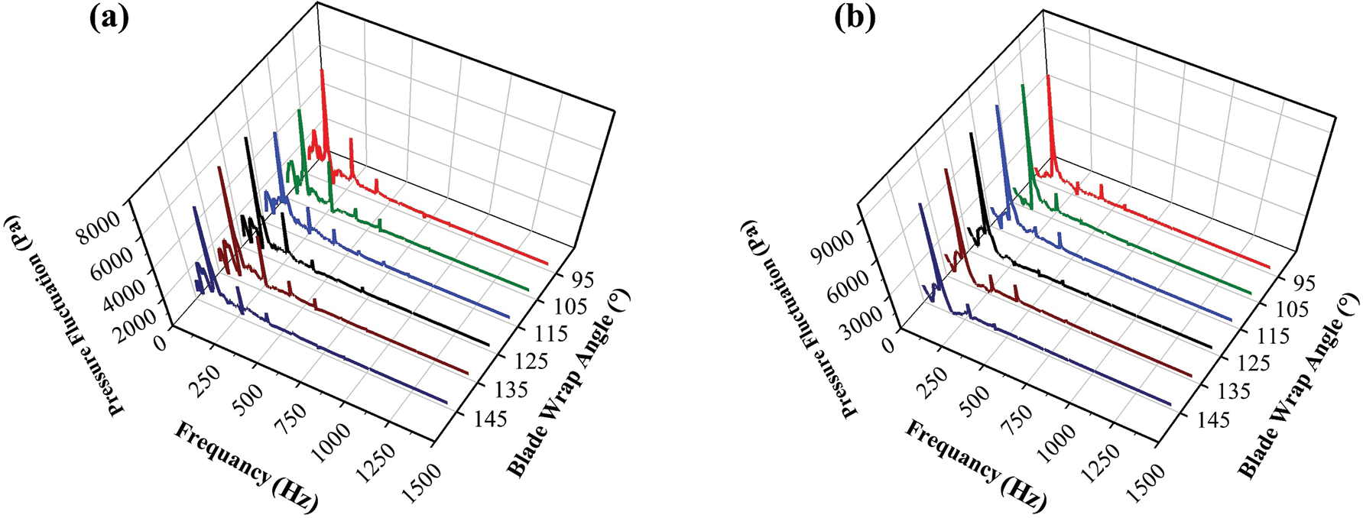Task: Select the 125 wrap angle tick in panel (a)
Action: pos(529,361)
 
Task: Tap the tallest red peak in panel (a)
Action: pos(322,71)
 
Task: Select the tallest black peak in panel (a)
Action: pos(245,138)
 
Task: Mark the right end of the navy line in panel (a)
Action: pos(447,402)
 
